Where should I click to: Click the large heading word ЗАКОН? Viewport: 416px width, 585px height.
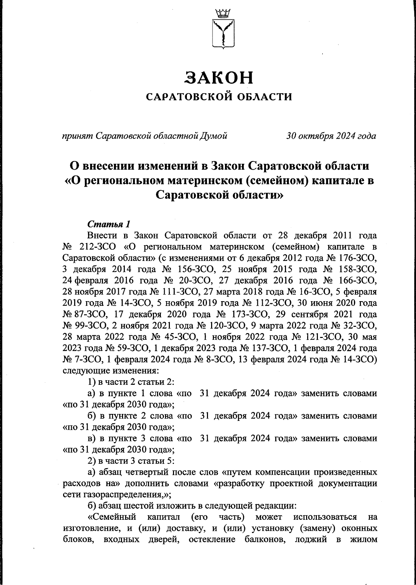(219, 77)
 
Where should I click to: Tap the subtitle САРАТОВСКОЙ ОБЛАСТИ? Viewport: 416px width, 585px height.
(219, 96)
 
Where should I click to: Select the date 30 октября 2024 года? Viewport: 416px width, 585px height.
(331, 136)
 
